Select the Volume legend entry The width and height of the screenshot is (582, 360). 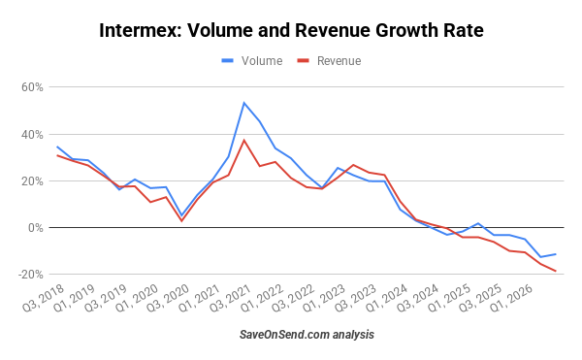tap(252, 61)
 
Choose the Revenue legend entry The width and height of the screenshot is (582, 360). tap(329, 61)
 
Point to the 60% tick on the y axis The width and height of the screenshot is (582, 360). tap(32, 87)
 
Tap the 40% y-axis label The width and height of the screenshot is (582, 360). tap(32, 134)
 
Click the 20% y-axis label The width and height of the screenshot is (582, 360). tap(32, 181)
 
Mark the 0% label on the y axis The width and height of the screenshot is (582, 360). tap(36, 227)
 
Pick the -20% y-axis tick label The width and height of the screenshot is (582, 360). tap(30, 275)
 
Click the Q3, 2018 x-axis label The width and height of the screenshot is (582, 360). tap(44, 298)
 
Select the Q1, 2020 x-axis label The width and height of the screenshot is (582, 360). tap(137, 298)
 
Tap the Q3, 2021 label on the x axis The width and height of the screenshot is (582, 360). tap(231, 298)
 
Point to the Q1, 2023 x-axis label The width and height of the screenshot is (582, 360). tap(324, 298)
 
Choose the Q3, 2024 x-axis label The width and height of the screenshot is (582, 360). tap(417, 298)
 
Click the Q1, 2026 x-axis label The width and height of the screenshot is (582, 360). tap(511, 298)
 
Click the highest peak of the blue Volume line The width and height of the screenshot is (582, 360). tap(243, 103)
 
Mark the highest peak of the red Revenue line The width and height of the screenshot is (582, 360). tap(243, 140)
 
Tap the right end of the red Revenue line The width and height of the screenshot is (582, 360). tap(556, 271)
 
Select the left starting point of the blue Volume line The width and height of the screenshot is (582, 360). tap(57, 147)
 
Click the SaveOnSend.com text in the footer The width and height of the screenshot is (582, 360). tap(284, 335)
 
